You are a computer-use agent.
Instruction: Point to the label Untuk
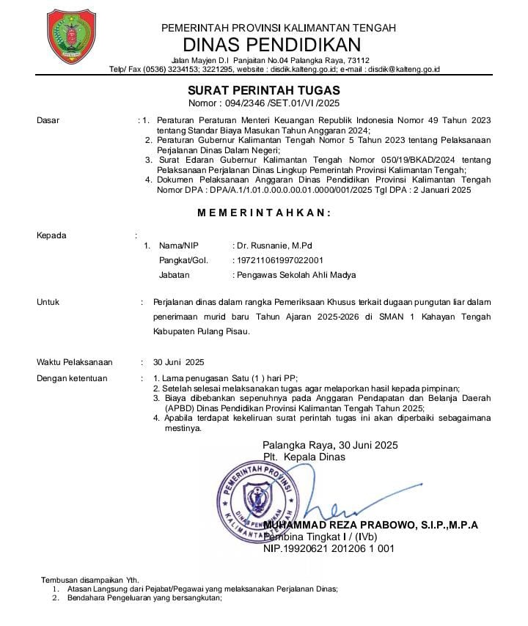click(48, 301)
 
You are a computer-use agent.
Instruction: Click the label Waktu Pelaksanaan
click(75, 362)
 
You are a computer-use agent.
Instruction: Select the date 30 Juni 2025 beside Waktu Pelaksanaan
click(179, 362)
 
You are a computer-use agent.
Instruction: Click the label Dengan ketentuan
click(72, 378)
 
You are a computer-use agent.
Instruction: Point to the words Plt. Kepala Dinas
click(304, 457)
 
